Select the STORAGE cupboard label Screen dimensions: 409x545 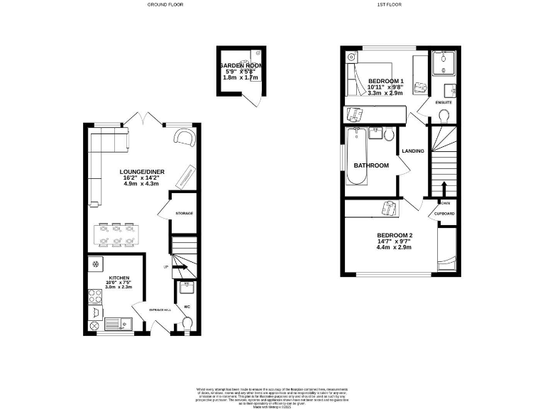coord(185,213)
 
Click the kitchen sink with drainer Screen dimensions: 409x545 coord(119,325)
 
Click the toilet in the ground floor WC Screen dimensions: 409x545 coord(187,324)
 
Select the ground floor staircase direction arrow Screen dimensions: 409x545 coord(180,268)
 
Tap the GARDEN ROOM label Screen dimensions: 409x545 coord(242,65)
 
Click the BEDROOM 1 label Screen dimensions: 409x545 coord(385,81)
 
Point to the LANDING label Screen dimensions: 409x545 coord(413,151)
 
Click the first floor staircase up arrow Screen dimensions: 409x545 coord(444,189)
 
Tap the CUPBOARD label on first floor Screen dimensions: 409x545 coord(445,214)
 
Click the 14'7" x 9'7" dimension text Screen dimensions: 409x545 coord(394,242)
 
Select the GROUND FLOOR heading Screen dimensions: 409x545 coord(164,4)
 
